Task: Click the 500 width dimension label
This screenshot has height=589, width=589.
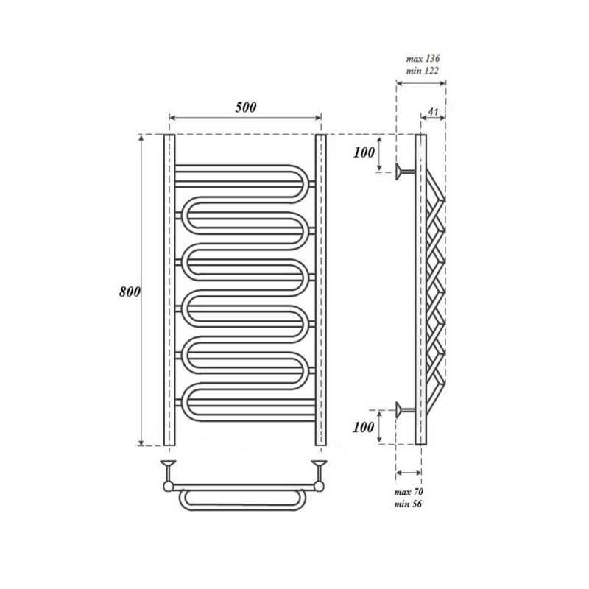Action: [x=246, y=107]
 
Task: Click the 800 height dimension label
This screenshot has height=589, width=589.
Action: [x=130, y=292]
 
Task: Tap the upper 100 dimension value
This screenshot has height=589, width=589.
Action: [x=364, y=152]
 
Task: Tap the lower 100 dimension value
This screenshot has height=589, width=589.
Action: [x=364, y=427]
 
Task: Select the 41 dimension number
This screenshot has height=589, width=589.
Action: [x=433, y=112]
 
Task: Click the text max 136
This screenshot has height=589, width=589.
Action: [x=423, y=59]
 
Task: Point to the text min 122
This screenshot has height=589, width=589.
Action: [x=423, y=71]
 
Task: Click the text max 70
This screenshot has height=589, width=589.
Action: [x=409, y=492]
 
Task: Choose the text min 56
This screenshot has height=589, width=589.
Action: [x=408, y=504]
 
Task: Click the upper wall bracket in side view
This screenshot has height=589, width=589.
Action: [x=405, y=172]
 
